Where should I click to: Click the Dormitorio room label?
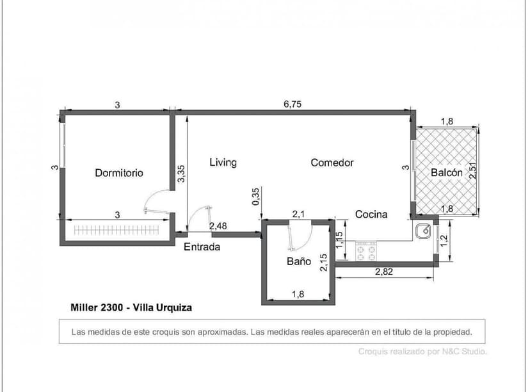click(119, 173)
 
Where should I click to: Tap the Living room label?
click(223, 163)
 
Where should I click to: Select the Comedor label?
click(332, 163)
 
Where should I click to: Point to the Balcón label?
click(446, 173)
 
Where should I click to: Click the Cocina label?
click(371, 215)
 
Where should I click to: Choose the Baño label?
click(298, 261)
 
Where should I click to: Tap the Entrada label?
click(202, 247)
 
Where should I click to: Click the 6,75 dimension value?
click(293, 105)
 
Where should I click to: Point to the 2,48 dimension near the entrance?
click(218, 225)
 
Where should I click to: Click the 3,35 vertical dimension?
click(182, 175)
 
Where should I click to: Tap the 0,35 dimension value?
click(256, 197)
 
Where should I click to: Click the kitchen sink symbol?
click(423, 231)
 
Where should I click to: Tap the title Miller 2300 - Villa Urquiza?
click(131, 307)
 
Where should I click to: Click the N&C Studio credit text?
click(422, 351)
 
